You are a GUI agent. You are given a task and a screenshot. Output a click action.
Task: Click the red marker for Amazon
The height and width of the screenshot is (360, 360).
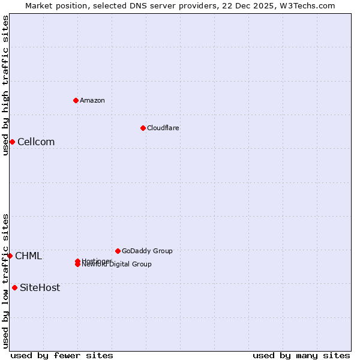(76, 100)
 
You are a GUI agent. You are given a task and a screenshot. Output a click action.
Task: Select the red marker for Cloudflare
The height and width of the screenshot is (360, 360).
(143, 128)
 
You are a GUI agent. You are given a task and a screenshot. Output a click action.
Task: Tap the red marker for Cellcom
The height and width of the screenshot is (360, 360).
(12, 142)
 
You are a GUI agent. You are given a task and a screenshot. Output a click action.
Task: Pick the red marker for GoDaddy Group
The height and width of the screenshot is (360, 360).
(118, 251)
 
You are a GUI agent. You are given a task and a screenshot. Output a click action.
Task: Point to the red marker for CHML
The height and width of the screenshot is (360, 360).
(10, 256)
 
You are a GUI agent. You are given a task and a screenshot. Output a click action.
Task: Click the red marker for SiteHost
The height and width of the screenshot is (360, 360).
(14, 287)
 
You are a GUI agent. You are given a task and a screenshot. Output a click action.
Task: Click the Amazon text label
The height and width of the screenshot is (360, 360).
(92, 100)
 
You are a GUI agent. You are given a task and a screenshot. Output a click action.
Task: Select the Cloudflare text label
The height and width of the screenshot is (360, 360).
(163, 128)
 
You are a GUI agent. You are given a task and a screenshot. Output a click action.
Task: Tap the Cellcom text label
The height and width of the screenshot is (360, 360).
(36, 142)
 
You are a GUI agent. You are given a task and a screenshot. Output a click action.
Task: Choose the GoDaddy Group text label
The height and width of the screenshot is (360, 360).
(147, 251)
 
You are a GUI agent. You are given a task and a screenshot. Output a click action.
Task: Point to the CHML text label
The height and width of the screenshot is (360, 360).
(28, 256)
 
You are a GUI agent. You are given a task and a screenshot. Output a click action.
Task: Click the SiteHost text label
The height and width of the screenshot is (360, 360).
(40, 288)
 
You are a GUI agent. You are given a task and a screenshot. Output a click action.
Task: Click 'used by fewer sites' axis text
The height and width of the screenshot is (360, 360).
(62, 355)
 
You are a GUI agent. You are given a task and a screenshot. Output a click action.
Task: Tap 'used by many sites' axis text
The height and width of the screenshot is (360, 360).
(301, 355)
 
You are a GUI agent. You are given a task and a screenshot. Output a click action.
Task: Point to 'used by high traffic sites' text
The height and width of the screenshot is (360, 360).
(5, 85)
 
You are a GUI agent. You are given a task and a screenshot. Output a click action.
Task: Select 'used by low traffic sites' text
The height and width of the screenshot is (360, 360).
(5, 280)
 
